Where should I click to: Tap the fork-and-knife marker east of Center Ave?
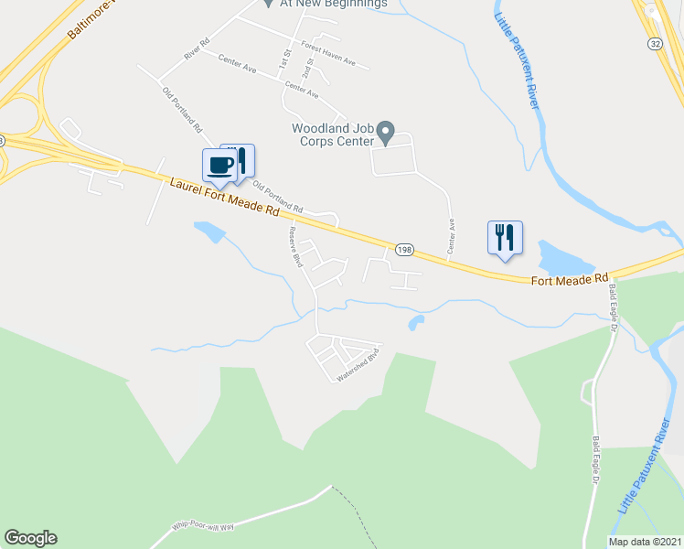click(505, 238)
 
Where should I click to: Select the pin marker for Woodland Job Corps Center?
click(386, 134)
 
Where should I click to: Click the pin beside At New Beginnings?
click(268, 3)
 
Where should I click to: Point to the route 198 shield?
click(403, 249)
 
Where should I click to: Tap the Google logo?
click(30, 538)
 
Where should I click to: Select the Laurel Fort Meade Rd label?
click(224, 197)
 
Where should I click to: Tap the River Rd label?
click(197, 48)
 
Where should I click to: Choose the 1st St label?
click(284, 60)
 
